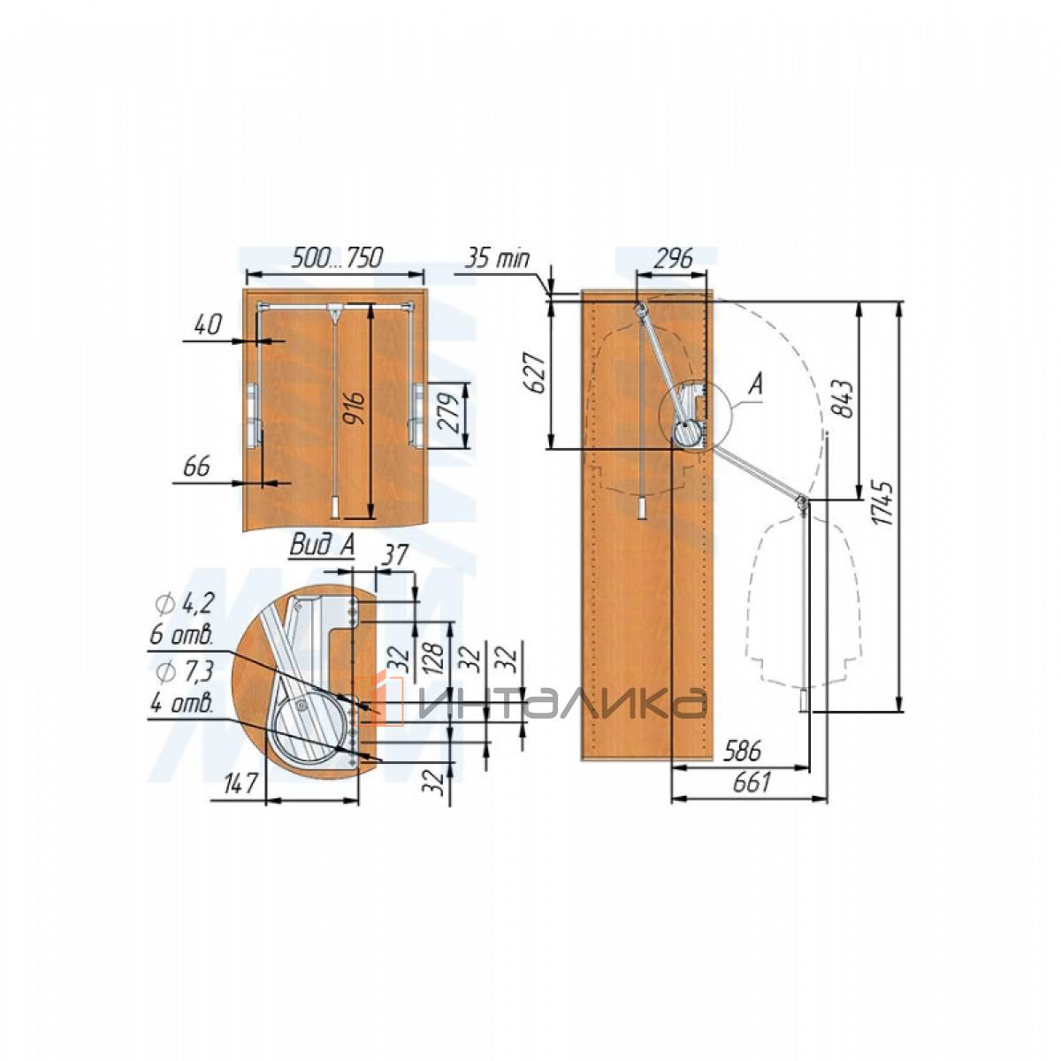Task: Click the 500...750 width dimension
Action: point(336,257)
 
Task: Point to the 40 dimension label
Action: point(208,324)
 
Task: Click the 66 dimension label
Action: point(197,467)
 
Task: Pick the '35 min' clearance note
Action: point(497,258)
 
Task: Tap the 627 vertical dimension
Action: point(534,373)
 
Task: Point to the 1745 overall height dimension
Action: point(885,503)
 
